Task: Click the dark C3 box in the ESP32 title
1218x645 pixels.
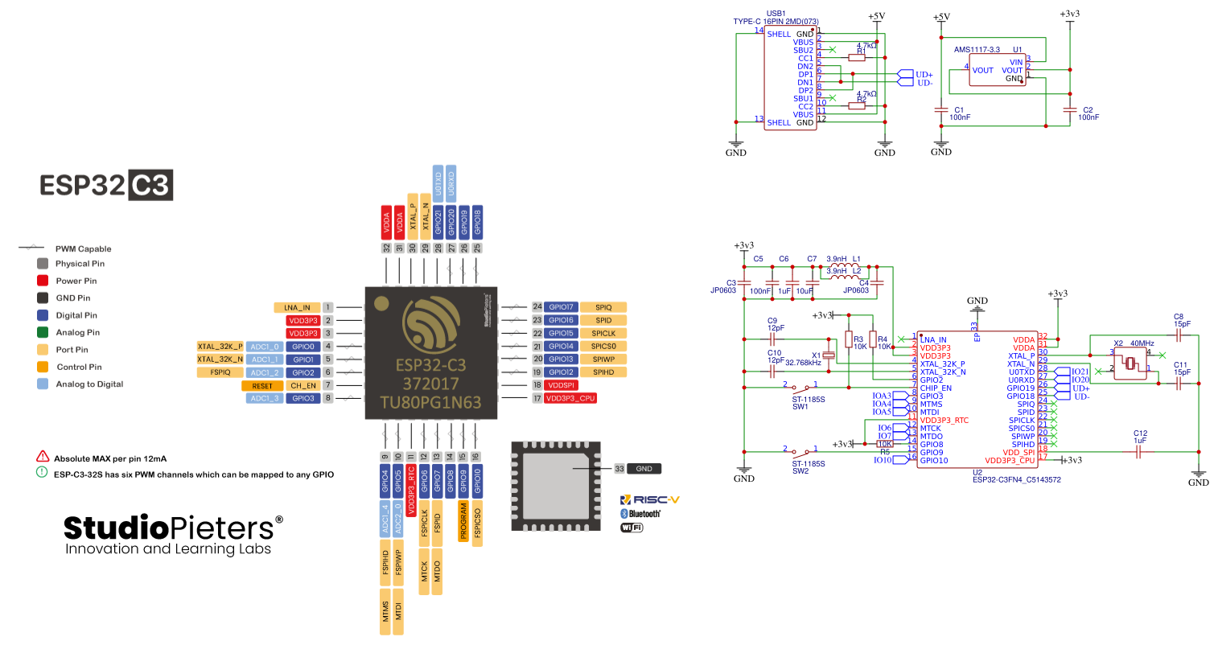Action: (x=150, y=185)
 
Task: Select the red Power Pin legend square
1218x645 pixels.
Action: (x=43, y=281)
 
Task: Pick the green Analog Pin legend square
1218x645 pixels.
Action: (x=43, y=332)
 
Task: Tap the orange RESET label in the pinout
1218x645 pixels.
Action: (x=262, y=386)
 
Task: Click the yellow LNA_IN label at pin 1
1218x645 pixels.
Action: (x=297, y=307)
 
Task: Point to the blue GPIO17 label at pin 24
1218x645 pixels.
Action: (x=561, y=307)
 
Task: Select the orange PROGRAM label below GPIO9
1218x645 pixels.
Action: (x=463, y=521)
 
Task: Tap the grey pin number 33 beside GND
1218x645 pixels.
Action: (x=619, y=468)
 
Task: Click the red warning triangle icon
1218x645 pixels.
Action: (x=43, y=457)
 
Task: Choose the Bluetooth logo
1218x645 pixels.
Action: (x=640, y=513)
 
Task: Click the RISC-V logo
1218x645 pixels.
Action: (x=650, y=499)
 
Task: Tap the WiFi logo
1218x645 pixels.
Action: (x=632, y=528)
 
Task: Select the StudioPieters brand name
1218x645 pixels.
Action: (x=172, y=528)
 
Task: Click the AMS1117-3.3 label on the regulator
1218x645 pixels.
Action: (x=977, y=50)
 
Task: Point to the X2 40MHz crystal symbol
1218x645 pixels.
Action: (x=1130, y=364)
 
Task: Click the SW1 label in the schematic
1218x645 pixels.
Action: (x=800, y=407)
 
